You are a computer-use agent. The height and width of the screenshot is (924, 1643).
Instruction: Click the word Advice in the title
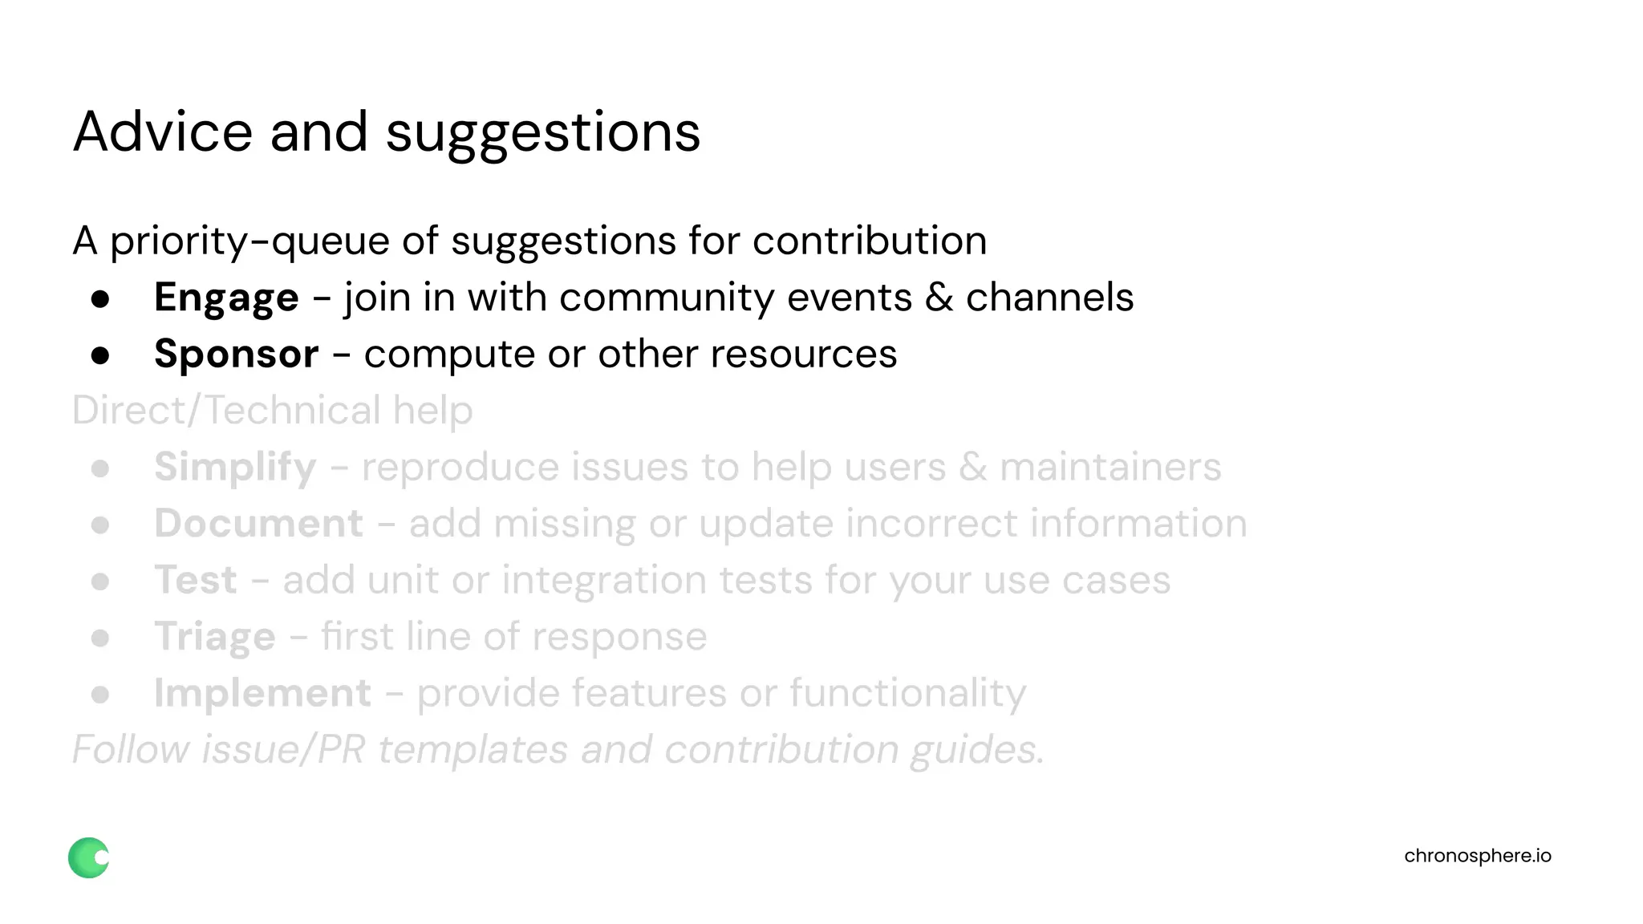pos(163,132)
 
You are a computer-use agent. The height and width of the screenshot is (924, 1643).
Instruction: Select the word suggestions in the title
pos(543,133)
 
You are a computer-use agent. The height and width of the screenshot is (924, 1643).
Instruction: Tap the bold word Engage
pos(226,298)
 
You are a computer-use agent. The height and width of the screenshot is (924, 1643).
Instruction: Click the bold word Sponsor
pos(237,355)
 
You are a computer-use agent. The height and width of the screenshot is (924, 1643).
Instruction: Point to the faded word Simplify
pos(235,468)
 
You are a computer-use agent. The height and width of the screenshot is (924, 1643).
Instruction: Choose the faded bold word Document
pos(258,524)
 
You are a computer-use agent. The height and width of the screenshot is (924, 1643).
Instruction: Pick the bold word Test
pos(196,580)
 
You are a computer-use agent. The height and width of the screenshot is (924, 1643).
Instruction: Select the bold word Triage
pos(215,638)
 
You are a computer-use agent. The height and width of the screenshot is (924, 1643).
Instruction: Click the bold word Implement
pos(262,693)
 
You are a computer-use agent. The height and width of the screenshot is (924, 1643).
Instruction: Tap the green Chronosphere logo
pos(88,857)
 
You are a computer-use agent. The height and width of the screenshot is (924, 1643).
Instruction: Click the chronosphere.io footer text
pos(1477,856)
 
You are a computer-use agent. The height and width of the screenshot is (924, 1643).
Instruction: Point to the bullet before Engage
pos(100,299)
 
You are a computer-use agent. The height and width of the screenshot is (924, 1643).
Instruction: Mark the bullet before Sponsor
pos(100,355)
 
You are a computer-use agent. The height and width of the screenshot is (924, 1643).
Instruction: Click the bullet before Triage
pos(100,638)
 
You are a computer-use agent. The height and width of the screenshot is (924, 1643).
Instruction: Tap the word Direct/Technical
pos(225,411)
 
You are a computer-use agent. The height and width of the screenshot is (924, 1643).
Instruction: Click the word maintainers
pos(1110,467)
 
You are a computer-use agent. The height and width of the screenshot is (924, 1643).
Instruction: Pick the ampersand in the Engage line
pos(939,298)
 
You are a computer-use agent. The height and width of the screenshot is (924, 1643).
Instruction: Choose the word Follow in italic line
pos(131,750)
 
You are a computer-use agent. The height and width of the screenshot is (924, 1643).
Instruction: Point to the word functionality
pos(907,694)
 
